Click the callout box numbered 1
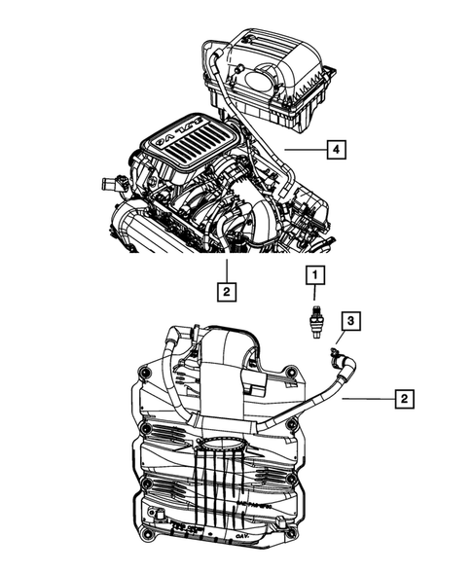[x=314, y=276]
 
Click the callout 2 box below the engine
[x=226, y=290]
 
